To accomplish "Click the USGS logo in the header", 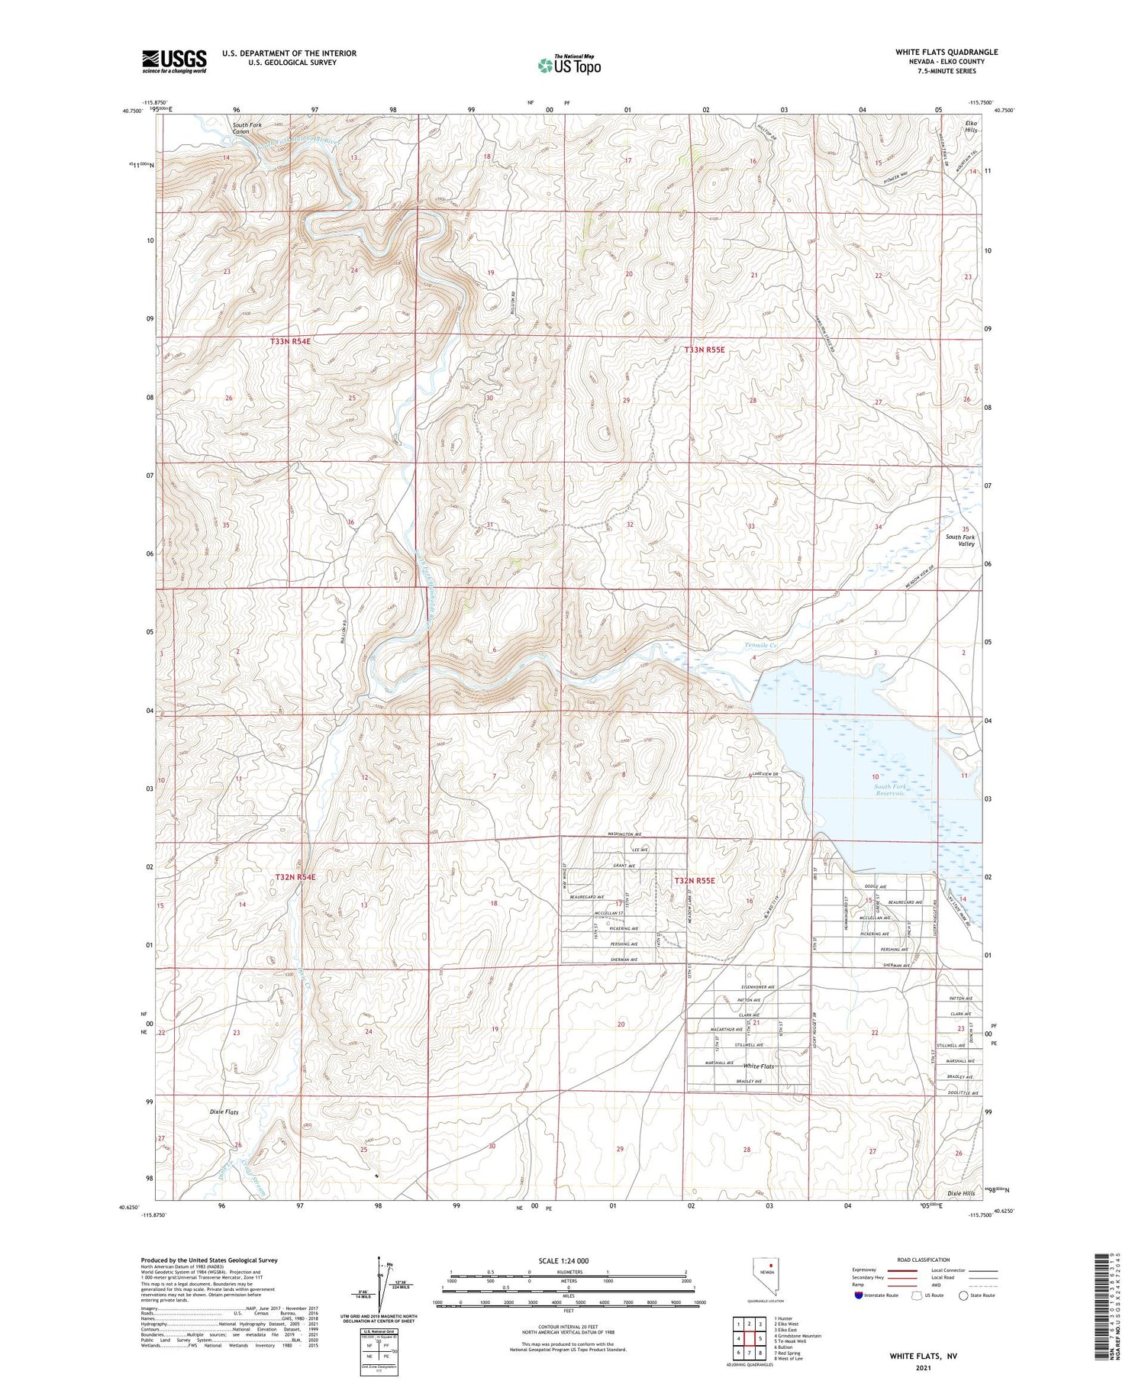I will coord(174,61).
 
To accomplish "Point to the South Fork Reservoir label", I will coord(889,790).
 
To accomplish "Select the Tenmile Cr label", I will coord(760,646).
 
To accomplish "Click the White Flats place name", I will coord(759,1066).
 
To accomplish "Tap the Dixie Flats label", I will coord(224,1112).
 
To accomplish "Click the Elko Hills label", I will coord(971,127).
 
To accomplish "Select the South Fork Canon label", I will coord(241,127).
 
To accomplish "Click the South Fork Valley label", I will coord(960,540).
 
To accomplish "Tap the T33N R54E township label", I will coord(290,342).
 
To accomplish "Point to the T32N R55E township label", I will coord(695,881).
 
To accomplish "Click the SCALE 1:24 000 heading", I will coord(563,1260).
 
